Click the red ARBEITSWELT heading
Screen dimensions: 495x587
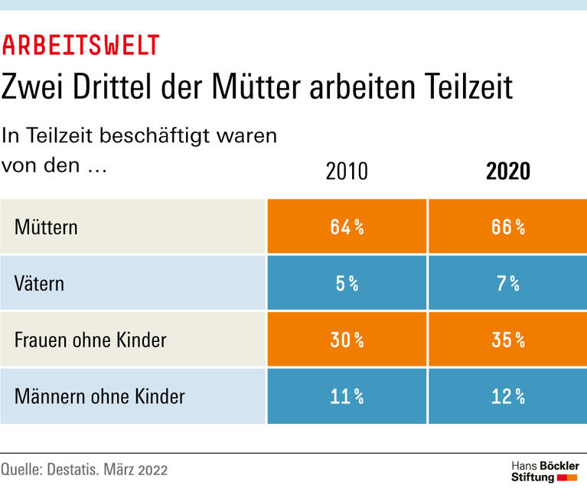tap(80, 46)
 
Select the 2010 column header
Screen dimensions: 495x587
tap(347, 171)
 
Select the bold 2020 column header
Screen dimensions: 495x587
tap(507, 171)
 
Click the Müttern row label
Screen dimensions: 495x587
tap(46, 227)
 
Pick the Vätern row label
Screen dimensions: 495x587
tap(40, 284)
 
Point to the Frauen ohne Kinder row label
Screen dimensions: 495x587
tap(90, 340)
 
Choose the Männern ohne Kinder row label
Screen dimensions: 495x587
tap(99, 396)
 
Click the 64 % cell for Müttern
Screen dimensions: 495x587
tap(347, 227)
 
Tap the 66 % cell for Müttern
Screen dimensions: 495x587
tap(507, 227)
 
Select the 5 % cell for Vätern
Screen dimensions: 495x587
tap(347, 284)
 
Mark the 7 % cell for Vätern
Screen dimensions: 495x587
tap(507, 284)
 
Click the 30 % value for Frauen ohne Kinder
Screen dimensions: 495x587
tap(347, 340)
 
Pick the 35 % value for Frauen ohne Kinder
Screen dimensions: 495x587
tap(507, 340)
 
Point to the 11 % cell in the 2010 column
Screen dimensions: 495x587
tap(347, 396)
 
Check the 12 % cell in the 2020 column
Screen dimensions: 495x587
tap(507, 396)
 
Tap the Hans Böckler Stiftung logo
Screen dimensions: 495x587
tap(544, 471)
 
